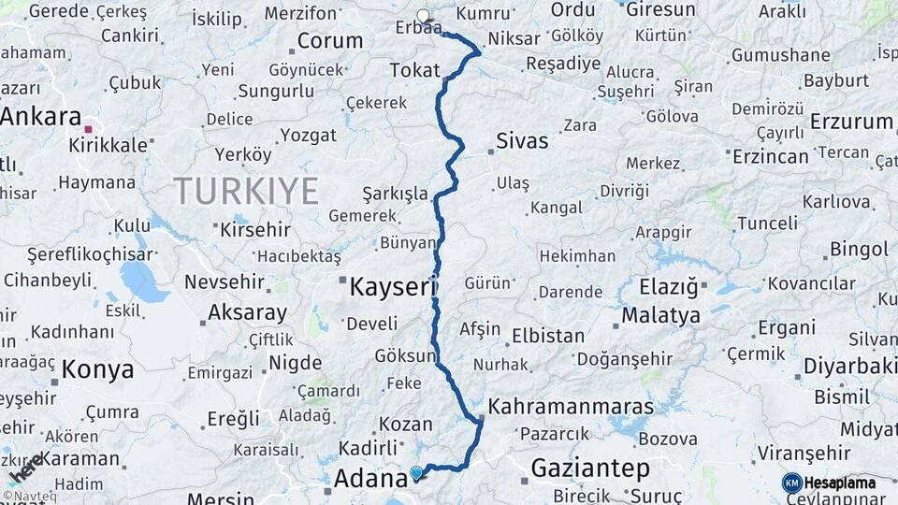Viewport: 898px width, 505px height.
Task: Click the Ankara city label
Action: click(x=41, y=117)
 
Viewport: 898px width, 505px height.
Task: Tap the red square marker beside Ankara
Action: click(x=89, y=129)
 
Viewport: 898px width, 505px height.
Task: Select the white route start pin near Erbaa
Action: click(x=424, y=15)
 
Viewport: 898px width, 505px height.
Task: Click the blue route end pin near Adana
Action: click(x=416, y=473)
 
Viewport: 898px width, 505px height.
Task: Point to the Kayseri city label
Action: click(x=393, y=287)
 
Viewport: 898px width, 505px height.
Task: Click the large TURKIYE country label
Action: click(x=246, y=191)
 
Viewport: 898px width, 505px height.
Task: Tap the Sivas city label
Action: click(x=521, y=143)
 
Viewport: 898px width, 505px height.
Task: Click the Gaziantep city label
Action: click(x=590, y=468)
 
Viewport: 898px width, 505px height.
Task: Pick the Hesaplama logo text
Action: click(x=840, y=483)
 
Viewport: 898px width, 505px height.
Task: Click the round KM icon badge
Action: click(x=791, y=483)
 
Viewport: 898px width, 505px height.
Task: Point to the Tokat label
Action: click(x=414, y=69)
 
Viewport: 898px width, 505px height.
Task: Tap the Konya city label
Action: click(x=97, y=370)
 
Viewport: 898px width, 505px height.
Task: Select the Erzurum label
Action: click(x=851, y=122)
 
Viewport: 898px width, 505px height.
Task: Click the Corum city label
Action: click(x=330, y=41)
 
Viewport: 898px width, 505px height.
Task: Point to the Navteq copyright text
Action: click(x=33, y=497)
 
